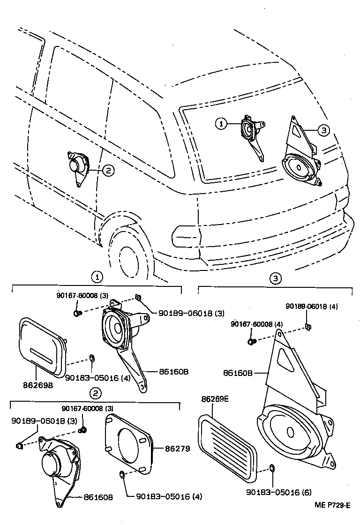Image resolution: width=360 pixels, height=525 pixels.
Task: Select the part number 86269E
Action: coord(214,399)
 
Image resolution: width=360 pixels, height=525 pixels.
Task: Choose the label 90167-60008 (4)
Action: coord(256,324)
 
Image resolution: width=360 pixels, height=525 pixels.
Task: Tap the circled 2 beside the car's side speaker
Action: coord(108,171)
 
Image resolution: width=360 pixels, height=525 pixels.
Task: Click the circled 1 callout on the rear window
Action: coord(221,124)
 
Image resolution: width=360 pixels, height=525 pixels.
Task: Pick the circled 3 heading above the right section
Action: coord(276,278)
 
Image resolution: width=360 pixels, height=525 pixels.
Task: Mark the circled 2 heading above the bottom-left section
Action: coord(95,393)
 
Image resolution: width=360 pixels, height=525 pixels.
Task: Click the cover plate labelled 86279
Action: coord(129,442)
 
